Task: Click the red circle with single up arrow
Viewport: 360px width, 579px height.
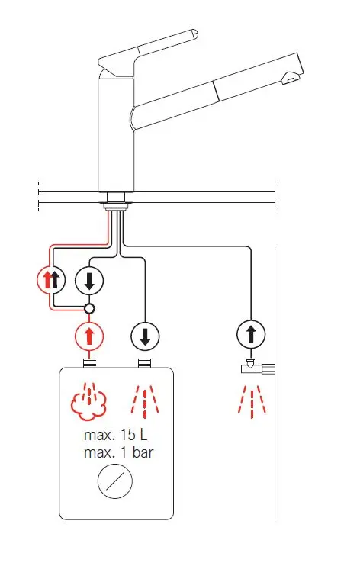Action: click(89, 336)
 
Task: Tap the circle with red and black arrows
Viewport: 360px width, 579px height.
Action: click(51, 280)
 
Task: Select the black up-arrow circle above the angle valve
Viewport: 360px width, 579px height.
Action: click(251, 334)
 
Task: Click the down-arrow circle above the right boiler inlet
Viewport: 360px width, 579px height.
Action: click(145, 336)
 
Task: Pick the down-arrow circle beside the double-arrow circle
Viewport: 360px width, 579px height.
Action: click(89, 280)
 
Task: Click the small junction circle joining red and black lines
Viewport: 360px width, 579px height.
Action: click(89, 308)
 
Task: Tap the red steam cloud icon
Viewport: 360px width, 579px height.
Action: click(88, 402)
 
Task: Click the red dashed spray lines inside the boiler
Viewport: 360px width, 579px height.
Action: click(145, 402)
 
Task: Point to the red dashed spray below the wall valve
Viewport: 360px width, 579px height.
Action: click(252, 402)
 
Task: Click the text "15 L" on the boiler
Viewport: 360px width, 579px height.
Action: click(133, 435)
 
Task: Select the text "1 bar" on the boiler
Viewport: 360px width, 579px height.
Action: click(137, 452)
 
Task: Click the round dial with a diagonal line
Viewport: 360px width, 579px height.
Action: click(115, 481)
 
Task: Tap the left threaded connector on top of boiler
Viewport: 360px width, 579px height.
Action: click(89, 363)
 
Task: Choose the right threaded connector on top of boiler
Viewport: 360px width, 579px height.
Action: click(145, 363)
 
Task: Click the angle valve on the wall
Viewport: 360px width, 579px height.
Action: click(258, 367)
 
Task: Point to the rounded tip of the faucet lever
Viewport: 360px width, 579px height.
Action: click(194, 34)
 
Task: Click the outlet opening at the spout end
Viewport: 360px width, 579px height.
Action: click(290, 79)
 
